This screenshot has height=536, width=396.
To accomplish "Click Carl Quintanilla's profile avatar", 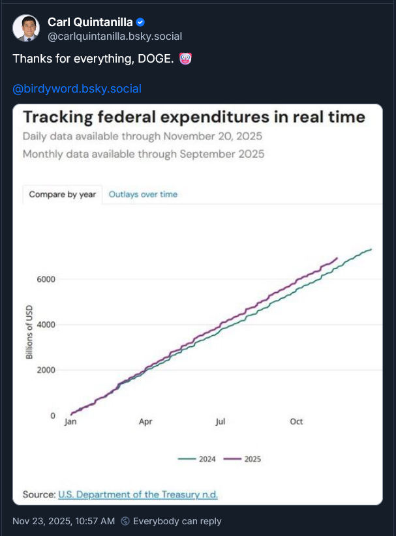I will click(27, 29).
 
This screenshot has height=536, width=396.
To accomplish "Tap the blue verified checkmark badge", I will click(140, 23).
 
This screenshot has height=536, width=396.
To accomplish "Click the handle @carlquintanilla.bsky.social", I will click(115, 37).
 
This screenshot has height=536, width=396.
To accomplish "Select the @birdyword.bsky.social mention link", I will click(77, 89).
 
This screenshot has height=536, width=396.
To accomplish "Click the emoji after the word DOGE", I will click(185, 59).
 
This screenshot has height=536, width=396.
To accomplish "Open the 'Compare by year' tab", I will click(63, 194).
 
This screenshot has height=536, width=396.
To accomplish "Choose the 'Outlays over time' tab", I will click(143, 194).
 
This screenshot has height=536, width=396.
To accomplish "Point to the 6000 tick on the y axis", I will click(46, 279).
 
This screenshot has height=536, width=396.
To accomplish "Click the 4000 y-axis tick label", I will click(46, 325).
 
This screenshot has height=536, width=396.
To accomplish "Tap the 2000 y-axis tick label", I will click(46, 370).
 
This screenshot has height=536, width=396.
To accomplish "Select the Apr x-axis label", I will click(145, 422).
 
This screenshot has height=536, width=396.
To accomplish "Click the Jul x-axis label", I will click(221, 422).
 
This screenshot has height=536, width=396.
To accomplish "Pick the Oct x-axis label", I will click(296, 422).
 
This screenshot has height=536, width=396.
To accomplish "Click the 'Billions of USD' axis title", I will click(29, 332).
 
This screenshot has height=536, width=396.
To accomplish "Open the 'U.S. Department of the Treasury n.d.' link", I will click(138, 495).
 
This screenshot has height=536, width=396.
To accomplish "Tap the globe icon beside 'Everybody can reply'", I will click(125, 522).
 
